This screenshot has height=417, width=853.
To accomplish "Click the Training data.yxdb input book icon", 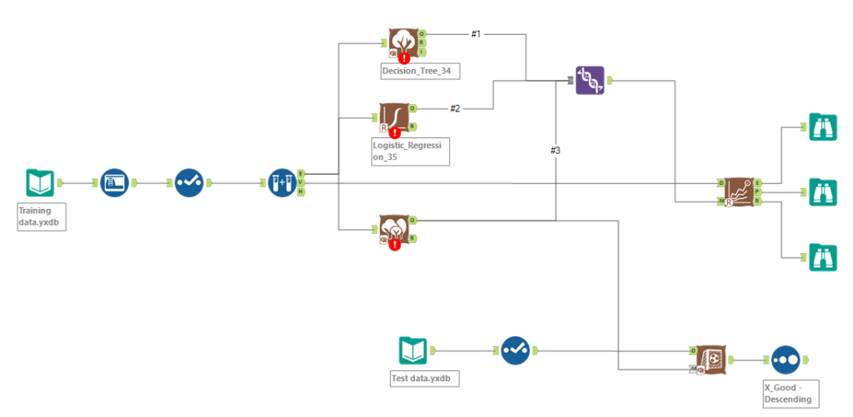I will click(40, 183).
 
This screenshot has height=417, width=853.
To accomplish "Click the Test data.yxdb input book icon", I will click(413, 350).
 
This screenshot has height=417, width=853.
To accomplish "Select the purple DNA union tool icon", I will click(590, 80).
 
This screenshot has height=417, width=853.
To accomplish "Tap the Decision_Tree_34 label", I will click(420, 72).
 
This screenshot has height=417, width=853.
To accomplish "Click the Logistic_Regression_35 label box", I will click(411, 151).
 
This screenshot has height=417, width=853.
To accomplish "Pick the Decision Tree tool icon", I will click(404, 42).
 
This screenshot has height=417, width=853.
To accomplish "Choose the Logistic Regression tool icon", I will click(394, 117).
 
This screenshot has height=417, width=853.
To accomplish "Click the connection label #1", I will click(476, 34).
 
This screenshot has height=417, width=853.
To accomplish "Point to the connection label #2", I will click(455, 108).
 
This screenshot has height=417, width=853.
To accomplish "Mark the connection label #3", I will click(556, 151).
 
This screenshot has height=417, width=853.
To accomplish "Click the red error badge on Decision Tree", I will click(404, 58).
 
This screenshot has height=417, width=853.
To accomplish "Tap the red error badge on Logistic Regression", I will click(394, 133).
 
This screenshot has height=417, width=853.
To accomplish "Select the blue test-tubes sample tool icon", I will click(281, 183).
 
